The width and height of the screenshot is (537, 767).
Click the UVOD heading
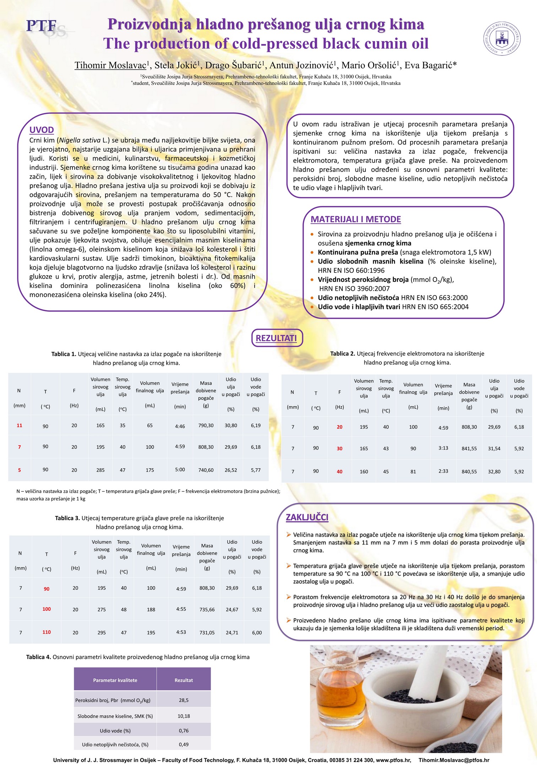tap(42, 130)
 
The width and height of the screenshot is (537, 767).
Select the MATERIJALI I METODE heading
tap(356, 219)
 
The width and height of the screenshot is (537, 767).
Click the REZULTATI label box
tap(276, 338)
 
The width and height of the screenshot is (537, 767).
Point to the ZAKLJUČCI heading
tap(307, 517)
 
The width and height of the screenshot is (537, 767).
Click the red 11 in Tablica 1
tap(20, 425)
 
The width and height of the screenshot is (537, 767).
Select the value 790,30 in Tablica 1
tap(206, 425)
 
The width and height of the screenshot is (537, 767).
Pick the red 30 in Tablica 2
tap(340, 448)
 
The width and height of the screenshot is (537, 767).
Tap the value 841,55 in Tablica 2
tap(469, 448)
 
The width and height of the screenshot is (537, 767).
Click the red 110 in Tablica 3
tap(47, 632)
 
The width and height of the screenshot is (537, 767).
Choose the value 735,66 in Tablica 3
tap(207, 609)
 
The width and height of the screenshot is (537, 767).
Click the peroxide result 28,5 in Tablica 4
tap(184, 700)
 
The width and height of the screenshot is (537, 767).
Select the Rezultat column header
tap(184, 680)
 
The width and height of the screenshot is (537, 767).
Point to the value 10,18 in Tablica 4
tap(184, 716)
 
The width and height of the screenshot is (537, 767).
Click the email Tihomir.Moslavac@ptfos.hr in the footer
tap(454, 760)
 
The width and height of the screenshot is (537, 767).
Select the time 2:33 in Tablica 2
tap(443, 471)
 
